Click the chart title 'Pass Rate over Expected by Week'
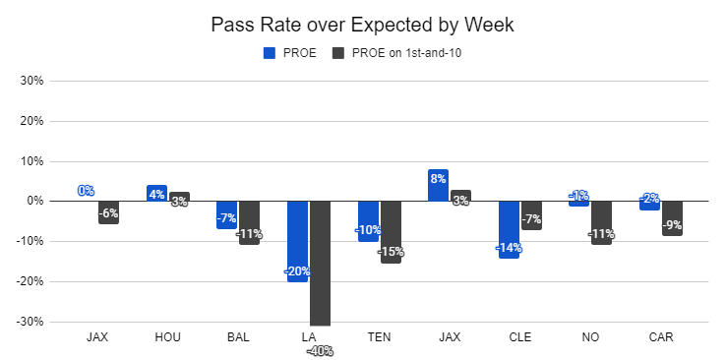coord(363,25)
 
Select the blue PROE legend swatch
coord(270,53)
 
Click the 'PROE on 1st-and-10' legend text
coord(407,53)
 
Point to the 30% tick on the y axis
coord(31,81)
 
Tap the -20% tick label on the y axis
coord(30,281)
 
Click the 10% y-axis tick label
coord(31,161)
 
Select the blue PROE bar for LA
coord(297,242)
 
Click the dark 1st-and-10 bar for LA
coord(320,264)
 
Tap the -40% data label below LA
coord(320,352)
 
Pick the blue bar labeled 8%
coord(438,185)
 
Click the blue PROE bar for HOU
coord(156,193)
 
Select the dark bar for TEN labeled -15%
coord(391,232)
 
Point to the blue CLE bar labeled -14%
coord(509,229)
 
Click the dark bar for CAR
coord(672,218)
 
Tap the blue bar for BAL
coord(227,215)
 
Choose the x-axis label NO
coord(591,337)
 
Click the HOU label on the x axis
coord(167,337)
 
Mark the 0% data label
coord(87,191)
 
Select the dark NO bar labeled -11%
coord(601,223)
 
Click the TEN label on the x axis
coord(379,337)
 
